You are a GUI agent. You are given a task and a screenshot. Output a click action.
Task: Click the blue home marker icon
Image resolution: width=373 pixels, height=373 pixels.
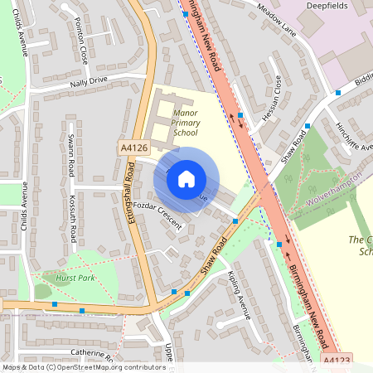[186, 177]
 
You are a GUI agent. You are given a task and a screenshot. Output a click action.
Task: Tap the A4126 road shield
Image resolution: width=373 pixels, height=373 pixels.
[133, 148]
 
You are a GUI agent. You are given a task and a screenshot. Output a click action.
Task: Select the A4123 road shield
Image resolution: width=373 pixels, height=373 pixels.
[337, 361]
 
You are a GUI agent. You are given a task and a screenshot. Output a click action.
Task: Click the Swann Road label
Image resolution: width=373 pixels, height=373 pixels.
[71, 156]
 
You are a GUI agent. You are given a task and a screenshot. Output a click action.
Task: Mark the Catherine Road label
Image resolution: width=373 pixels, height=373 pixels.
[91, 351]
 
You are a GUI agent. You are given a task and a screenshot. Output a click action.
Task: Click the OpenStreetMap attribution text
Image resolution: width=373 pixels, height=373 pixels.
[84, 366]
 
